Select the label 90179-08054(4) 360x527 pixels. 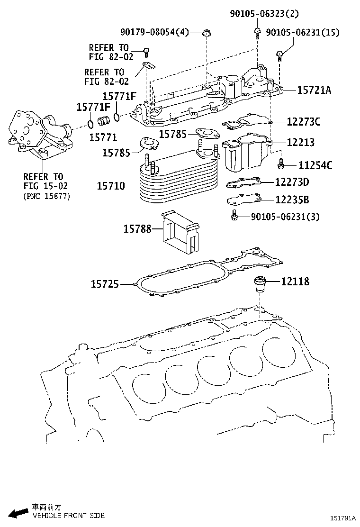[154, 33]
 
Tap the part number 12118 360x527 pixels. [295, 282]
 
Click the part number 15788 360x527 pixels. [137, 229]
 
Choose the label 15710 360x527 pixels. [111, 186]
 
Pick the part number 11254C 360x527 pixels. [315, 165]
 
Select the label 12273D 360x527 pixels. [292, 182]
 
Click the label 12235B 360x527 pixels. [293, 200]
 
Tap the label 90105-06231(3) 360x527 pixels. [285, 217]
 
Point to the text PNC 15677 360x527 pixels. [46, 196]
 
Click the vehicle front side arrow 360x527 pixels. [19, 512]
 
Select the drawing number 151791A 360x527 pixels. [343, 518]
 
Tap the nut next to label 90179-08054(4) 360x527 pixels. [206, 33]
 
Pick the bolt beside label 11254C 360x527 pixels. [281, 164]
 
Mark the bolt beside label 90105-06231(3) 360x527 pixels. [234, 216]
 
